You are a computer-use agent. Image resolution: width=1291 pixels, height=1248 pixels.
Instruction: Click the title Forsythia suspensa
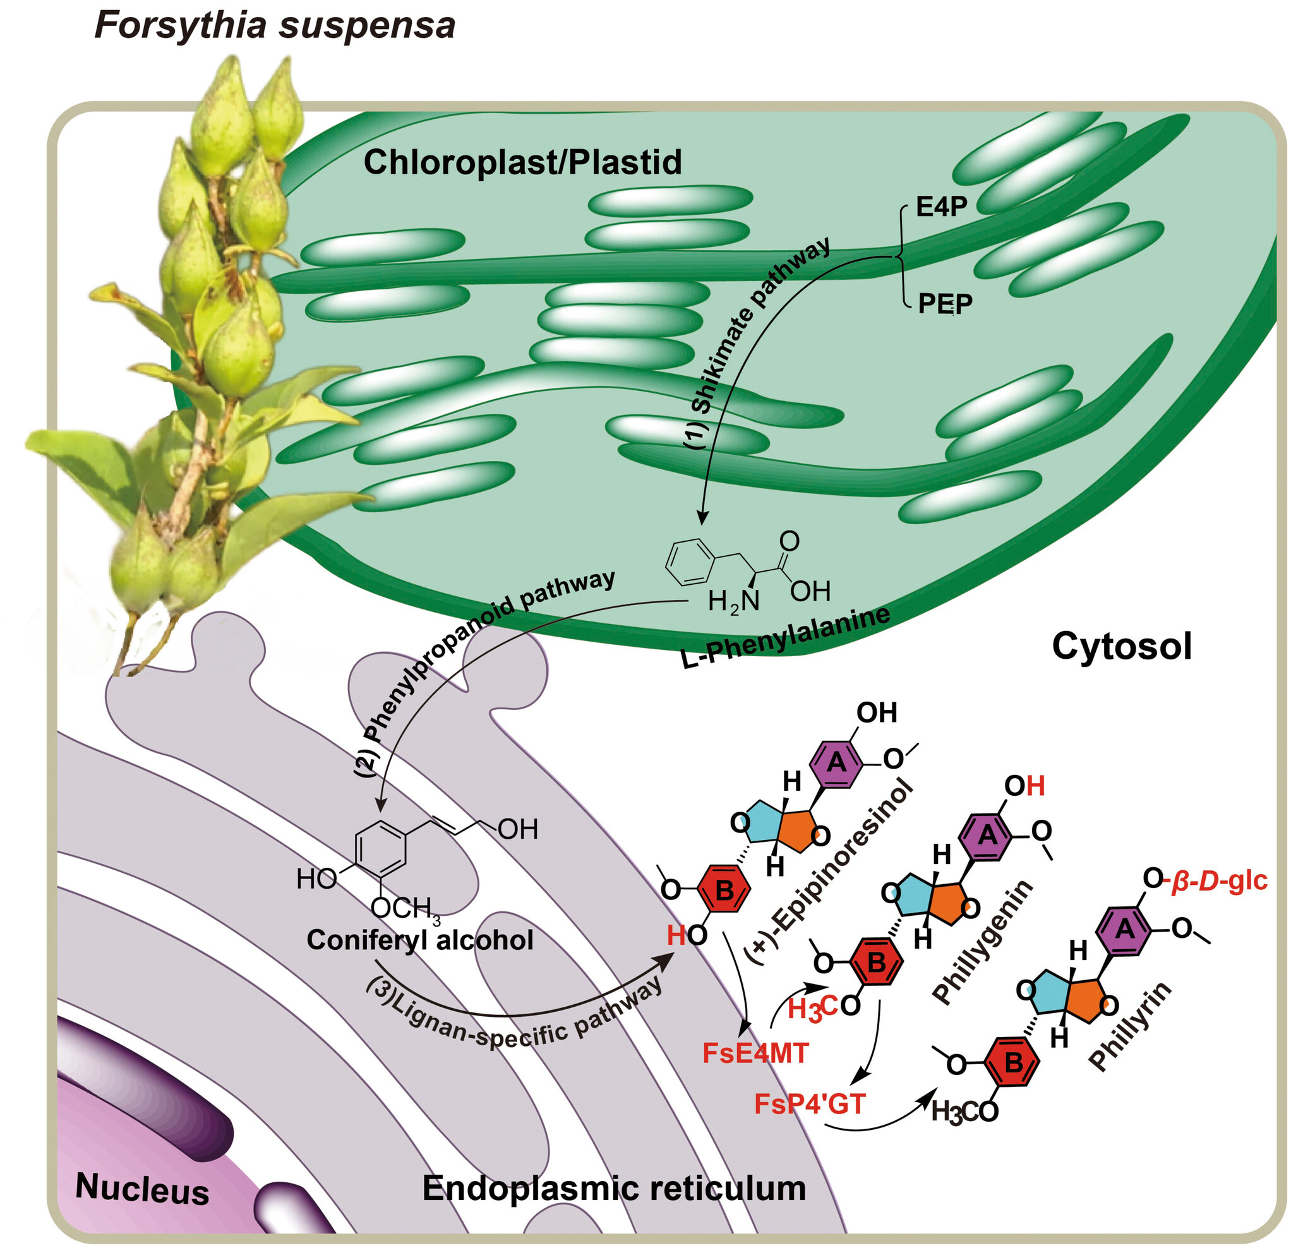(275, 27)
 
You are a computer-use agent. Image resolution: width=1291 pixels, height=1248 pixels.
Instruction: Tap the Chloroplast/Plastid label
(522, 162)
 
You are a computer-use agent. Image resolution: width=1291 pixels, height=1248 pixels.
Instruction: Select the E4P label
(941, 207)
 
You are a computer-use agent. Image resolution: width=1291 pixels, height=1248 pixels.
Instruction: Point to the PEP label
(944, 304)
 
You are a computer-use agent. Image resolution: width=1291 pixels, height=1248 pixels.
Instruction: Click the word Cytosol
(1121, 646)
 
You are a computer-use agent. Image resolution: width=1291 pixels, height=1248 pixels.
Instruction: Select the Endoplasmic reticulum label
(614, 1188)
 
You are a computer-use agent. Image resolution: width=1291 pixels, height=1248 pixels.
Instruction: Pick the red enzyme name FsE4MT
(755, 1053)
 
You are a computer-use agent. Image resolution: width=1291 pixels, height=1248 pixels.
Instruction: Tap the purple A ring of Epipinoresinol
(836, 762)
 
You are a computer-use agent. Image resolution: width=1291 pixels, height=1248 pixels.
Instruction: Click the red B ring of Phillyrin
(1014, 1062)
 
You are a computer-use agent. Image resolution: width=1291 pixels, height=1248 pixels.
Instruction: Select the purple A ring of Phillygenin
(987, 836)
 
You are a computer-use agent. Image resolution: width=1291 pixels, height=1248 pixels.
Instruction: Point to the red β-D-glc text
(1218, 880)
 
